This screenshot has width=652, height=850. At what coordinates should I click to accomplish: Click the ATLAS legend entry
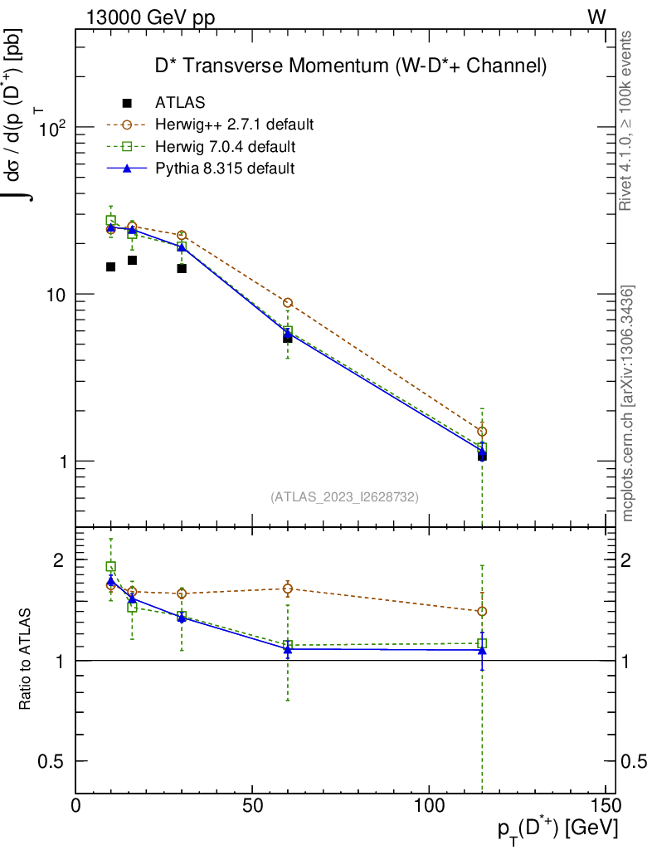pos(179,103)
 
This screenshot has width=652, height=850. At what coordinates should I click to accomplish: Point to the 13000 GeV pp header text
pos(150,17)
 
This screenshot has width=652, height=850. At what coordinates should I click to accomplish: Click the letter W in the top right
pos(596,17)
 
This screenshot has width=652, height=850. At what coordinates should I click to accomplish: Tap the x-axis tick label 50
pos(252,806)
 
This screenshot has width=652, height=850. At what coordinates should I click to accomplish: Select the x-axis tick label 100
pos(429,806)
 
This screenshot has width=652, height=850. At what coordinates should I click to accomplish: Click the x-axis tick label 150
pos(606,806)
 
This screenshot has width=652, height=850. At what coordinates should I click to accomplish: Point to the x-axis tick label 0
pos(75,806)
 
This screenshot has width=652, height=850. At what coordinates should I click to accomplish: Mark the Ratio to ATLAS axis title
pos(26,660)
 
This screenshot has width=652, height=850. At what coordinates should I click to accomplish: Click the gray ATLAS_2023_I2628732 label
pos(344,497)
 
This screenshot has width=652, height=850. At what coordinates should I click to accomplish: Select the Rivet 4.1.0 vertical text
pos(628,120)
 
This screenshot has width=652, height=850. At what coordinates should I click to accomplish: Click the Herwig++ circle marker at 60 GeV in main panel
pos(287,303)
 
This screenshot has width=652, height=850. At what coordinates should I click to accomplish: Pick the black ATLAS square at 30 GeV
pos(182,268)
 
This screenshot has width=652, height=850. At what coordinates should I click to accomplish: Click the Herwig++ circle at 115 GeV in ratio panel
pos(482,611)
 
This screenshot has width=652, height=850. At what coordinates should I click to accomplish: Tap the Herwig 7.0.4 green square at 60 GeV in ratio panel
pos(287,645)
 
